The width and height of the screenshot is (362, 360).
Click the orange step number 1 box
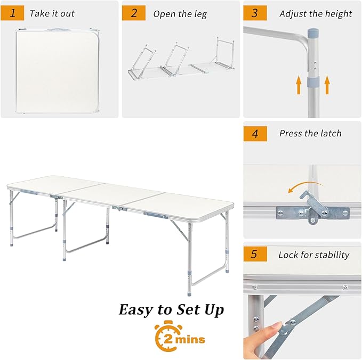point(12,13)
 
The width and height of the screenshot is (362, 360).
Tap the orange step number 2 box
point(134,13)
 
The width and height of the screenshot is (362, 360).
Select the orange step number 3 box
point(255,13)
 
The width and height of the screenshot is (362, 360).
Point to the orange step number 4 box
point(255,134)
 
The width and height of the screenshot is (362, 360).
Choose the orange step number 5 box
point(255,254)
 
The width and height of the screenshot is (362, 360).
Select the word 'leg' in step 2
point(200,14)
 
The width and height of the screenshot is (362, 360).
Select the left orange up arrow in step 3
point(299,85)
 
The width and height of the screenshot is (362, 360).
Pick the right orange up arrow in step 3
point(327,85)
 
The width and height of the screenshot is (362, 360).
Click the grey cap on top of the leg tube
point(313,32)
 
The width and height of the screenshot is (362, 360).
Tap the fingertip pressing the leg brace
point(277,328)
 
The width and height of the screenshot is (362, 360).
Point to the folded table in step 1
point(58,71)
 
